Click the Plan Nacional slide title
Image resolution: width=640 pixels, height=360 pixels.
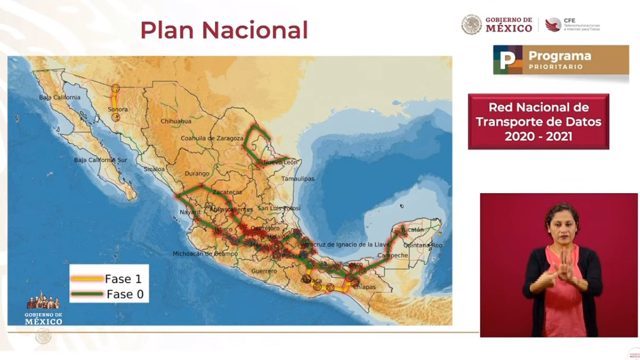(x=224, y=30)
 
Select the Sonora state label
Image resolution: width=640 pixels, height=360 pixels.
(x=118, y=110)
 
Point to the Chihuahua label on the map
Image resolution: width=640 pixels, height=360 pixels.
(x=176, y=122)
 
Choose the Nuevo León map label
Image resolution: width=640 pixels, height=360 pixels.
(x=280, y=162)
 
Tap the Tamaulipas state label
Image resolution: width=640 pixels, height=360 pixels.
(x=298, y=179)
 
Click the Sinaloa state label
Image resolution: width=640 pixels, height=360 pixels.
(x=154, y=169)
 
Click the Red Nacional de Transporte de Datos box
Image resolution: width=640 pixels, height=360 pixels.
(x=538, y=122)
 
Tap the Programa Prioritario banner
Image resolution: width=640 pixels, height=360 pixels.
(x=561, y=60)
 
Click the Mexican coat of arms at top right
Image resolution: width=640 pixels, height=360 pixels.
(x=471, y=25)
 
